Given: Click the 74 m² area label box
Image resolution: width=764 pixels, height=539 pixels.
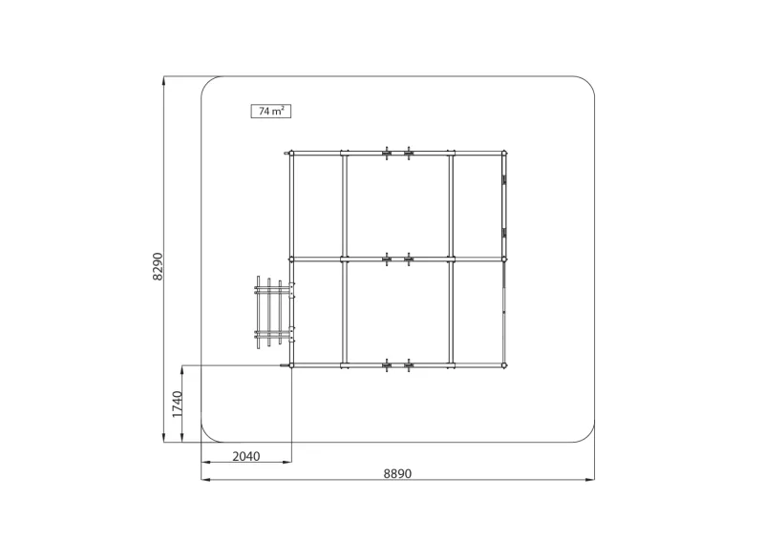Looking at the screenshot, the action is (x=271, y=111).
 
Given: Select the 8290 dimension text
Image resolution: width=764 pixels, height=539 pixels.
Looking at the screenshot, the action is (x=158, y=266).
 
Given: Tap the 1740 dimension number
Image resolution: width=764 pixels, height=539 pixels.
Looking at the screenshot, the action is (x=177, y=404).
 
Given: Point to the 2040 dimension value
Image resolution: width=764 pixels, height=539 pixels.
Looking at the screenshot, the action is (x=246, y=456).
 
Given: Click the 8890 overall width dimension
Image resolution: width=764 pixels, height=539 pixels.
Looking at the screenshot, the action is (x=397, y=473).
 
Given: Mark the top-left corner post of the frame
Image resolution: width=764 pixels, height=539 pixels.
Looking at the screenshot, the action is (x=291, y=154).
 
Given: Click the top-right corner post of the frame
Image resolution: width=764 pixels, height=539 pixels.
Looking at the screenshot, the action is (x=504, y=154).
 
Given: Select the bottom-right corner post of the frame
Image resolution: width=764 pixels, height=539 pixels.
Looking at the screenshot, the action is (x=504, y=365).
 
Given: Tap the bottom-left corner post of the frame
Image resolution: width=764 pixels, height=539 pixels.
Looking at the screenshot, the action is (x=291, y=365).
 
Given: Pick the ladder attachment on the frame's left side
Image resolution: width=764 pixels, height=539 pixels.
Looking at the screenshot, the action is (x=273, y=312).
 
